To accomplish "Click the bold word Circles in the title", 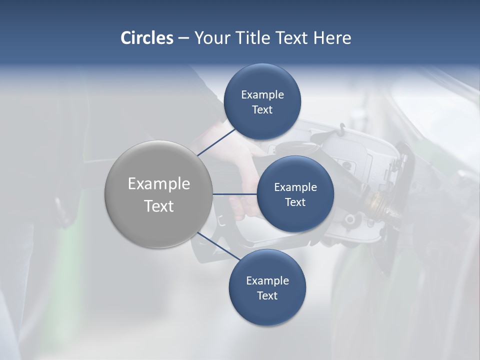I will pos(147,38).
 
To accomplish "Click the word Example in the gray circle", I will pos(158,184).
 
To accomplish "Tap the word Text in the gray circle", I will pos(158,206).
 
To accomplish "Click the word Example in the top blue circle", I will pos(262,95).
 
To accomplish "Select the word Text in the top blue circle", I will pos(262,110).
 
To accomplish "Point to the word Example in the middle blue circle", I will pos(295,187).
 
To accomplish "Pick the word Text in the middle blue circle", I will pos(295,202).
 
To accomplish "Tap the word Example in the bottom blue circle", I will pos(267,281).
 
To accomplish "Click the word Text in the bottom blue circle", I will pos(267,296).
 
